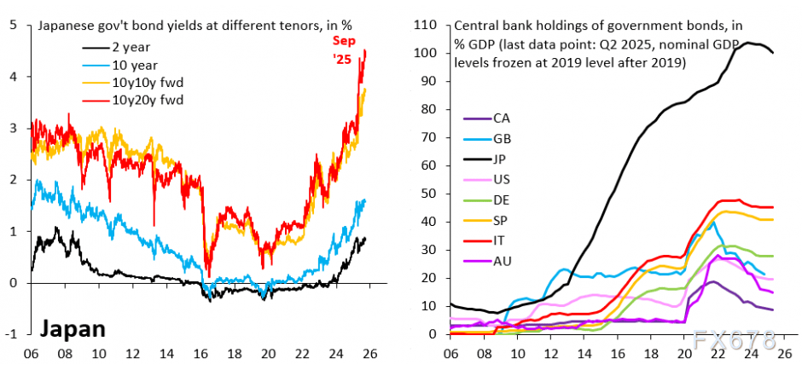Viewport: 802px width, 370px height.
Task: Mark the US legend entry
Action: click(x=503, y=178)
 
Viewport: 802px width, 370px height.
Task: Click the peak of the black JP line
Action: click(x=748, y=42)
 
